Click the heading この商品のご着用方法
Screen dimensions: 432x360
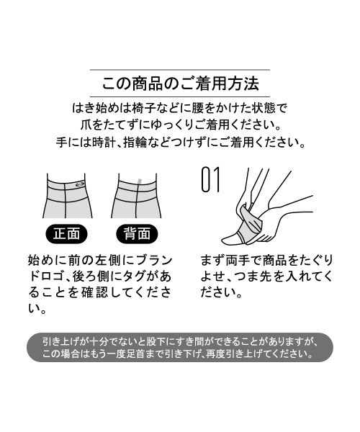(x=180, y=84)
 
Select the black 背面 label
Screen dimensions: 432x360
(x=136, y=234)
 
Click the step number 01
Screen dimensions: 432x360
(x=210, y=181)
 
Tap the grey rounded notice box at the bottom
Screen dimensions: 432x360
(x=180, y=347)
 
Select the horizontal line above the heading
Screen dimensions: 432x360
(x=180, y=70)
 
